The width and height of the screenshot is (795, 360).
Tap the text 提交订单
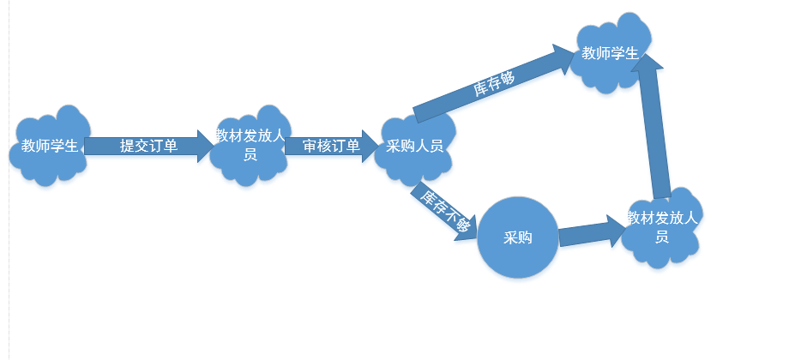148,146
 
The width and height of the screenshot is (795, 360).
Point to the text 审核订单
330,146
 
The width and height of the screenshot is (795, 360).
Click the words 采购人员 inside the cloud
415,147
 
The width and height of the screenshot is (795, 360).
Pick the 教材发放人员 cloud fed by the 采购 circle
661,227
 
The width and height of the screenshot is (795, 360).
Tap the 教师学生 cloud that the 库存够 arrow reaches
610,54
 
